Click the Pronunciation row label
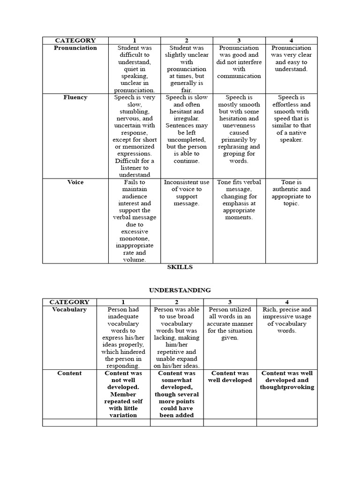tap(75, 48)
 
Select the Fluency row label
tap(75, 97)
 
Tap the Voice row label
tap(75, 182)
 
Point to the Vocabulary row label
tap(69, 309)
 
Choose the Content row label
tap(69, 373)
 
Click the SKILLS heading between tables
tap(180, 267)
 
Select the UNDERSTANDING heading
tap(180, 290)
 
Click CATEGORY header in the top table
tap(75, 41)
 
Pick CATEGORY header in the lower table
tap(69, 302)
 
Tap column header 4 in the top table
tap(291, 41)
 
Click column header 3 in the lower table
tap(230, 302)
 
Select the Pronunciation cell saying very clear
tap(291, 58)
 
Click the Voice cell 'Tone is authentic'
tap(291, 193)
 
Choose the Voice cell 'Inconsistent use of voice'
tap(186, 193)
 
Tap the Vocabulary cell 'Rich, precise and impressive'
tap(287, 320)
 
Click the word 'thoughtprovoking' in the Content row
tap(287, 387)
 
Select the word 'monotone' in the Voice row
tap(127, 239)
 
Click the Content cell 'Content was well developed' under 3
tap(230, 376)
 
